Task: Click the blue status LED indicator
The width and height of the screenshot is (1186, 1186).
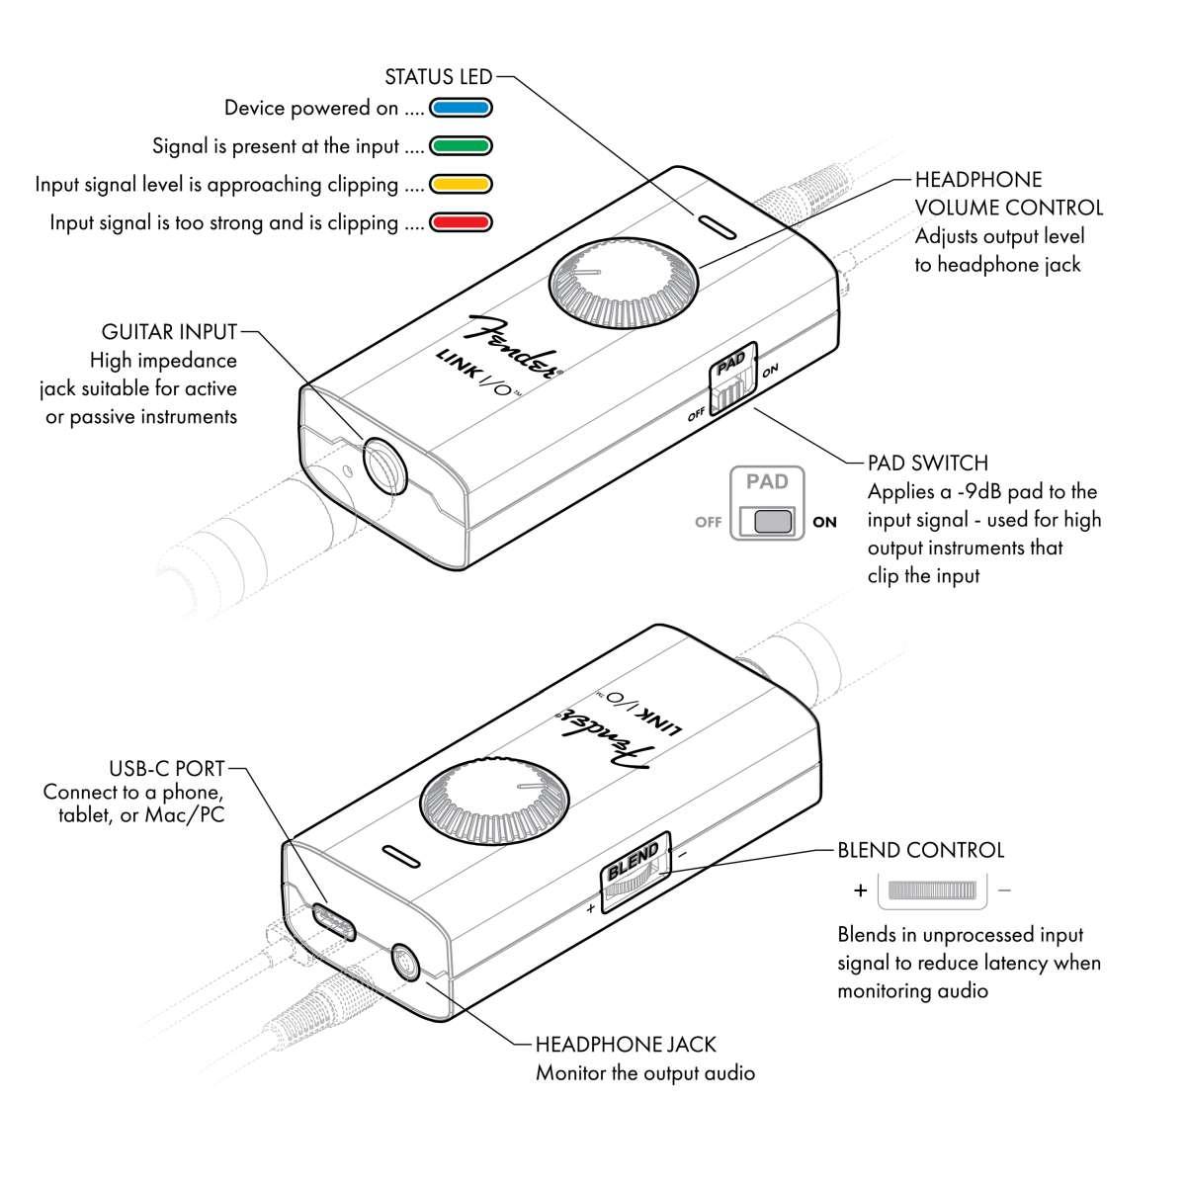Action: click(x=461, y=108)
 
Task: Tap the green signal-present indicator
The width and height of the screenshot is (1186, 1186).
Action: click(x=461, y=146)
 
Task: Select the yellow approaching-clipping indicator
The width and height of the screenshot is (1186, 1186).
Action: click(x=461, y=185)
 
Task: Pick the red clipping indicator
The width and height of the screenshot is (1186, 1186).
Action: click(x=461, y=223)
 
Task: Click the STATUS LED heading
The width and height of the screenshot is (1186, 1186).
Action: click(x=438, y=77)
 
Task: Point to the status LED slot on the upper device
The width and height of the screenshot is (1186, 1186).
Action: click(x=715, y=226)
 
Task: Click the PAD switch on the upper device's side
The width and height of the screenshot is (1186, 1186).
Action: click(x=732, y=381)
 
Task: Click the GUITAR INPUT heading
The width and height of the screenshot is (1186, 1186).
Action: click(x=169, y=331)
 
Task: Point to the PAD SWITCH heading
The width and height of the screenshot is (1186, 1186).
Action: click(x=927, y=463)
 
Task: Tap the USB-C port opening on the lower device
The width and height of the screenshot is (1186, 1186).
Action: click(x=334, y=919)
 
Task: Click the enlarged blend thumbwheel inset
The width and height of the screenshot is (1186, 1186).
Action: click(x=932, y=890)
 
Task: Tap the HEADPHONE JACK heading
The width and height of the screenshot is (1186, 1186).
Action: click(x=626, y=1044)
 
